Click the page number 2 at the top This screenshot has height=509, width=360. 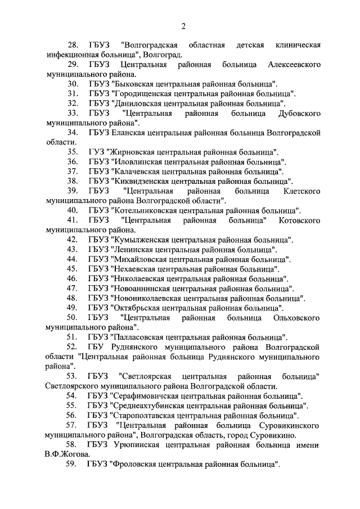(x=183, y=26)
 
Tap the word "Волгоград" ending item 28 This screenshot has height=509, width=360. (x=162, y=55)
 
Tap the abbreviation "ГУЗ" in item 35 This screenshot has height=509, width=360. (x=97, y=152)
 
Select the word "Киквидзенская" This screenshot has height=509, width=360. (x=141, y=181)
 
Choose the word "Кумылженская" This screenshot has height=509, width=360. (x=139, y=239)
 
